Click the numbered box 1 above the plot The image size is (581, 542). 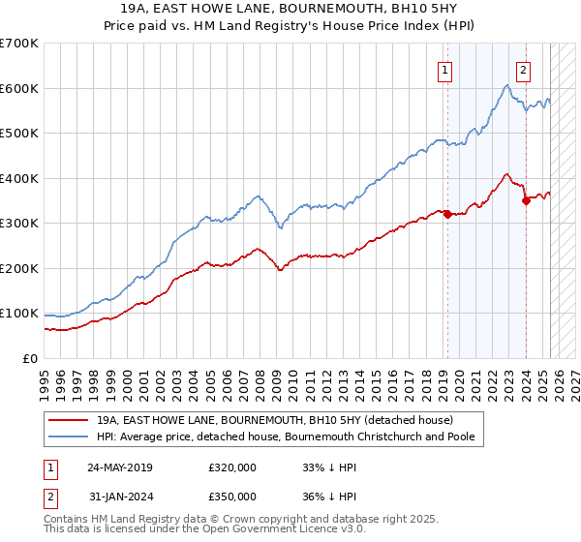(x=444, y=69)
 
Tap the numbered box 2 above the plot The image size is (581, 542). (x=523, y=69)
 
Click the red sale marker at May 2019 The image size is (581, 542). (x=447, y=214)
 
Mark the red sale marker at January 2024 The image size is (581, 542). (x=526, y=200)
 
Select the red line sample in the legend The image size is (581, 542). (x=69, y=419)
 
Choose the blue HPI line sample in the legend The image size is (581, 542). (x=69, y=437)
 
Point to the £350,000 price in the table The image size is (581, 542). (x=231, y=496)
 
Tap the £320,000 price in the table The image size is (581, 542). (x=231, y=467)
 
